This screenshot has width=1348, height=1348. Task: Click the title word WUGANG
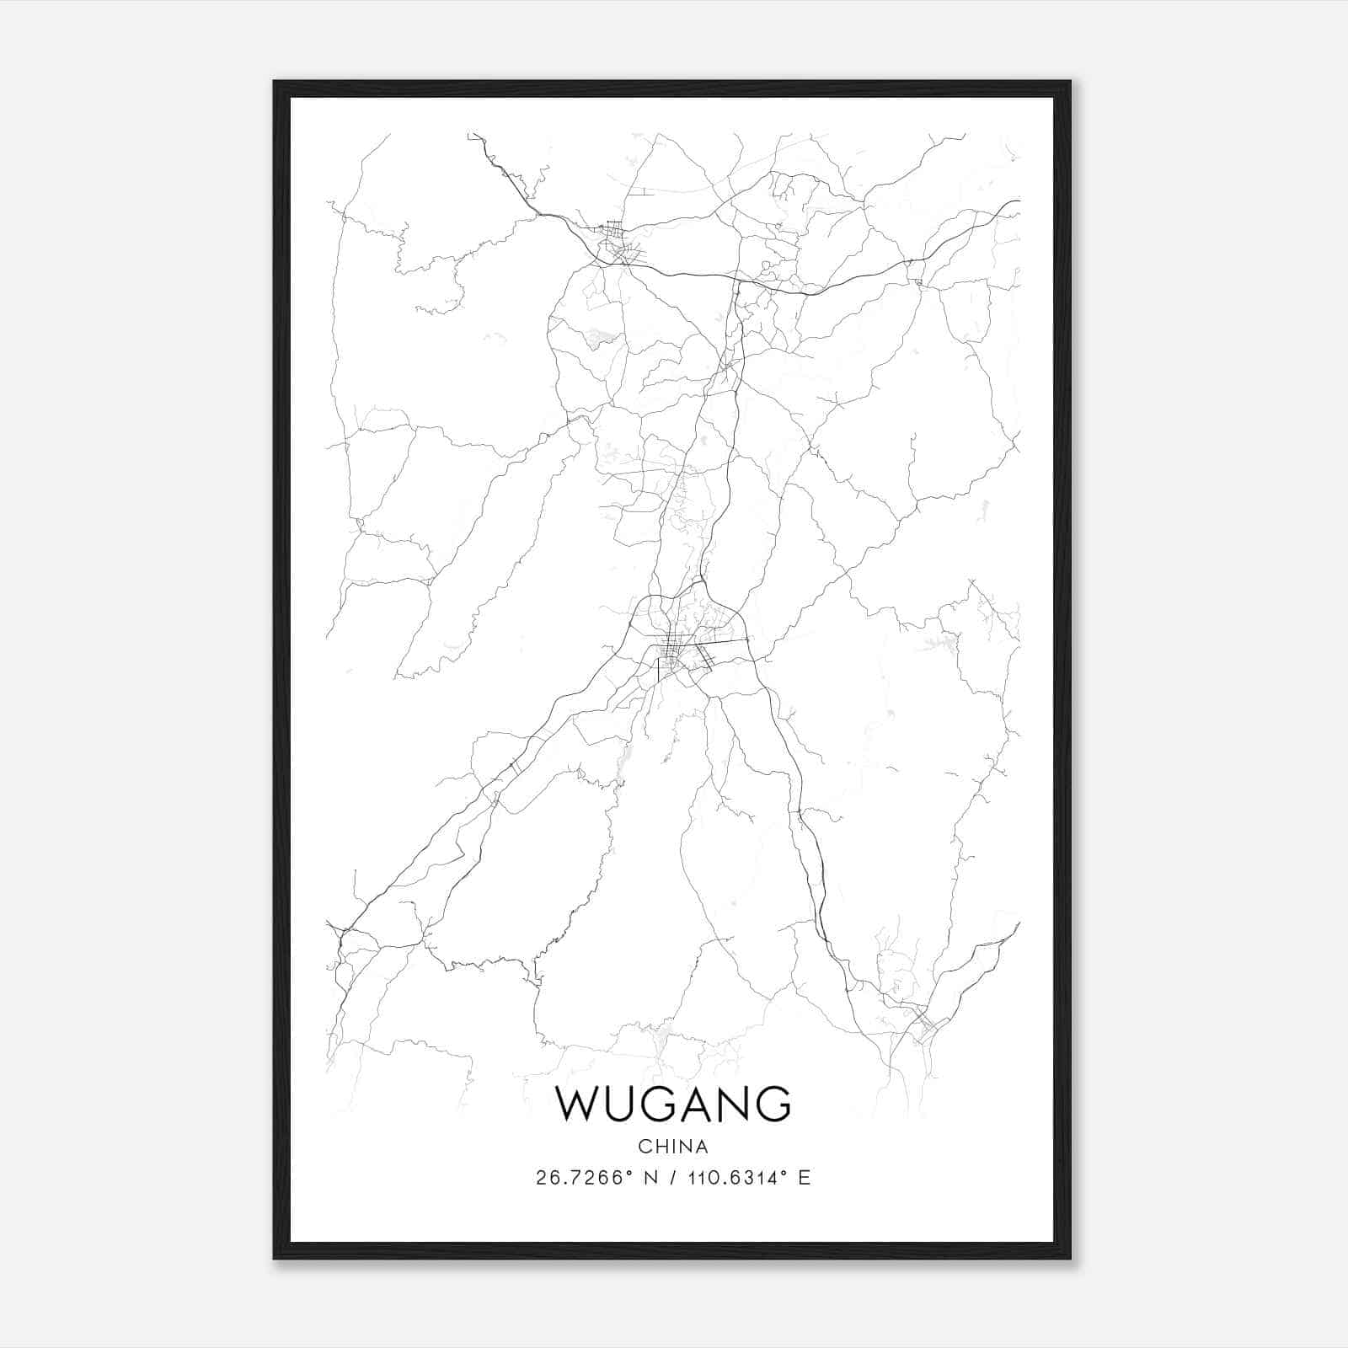(673, 1104)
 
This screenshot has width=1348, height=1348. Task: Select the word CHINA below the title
(673, 1147)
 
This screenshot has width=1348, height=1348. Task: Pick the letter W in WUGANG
(577, 1104)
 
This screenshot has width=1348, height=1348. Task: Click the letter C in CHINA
(645, 1147)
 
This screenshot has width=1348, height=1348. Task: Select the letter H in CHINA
(661, 1147)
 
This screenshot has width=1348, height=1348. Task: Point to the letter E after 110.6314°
(805, 1178)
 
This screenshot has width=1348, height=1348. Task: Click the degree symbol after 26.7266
(631, 1172)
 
